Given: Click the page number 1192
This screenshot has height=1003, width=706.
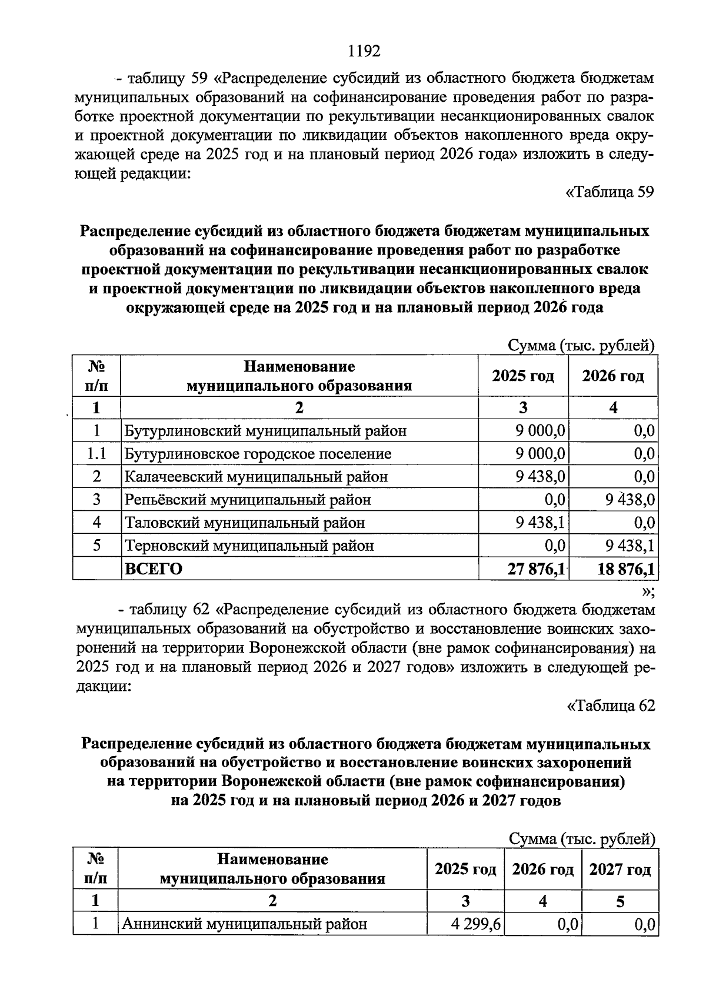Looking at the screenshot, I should click(x=364, y=51).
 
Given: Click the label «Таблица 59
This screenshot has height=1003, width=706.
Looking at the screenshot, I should click(x=609, y=192).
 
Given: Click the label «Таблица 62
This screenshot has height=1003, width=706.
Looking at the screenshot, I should click(x=610, y=706).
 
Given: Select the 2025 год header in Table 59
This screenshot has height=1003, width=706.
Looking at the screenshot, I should click(x=523, y=376).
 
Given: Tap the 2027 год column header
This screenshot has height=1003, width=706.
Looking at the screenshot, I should click(x=620, y=869).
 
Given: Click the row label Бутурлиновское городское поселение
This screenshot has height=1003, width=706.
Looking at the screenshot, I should click(x=257, y=454).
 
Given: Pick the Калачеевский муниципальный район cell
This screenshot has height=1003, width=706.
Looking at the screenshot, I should click(x=256, y=477).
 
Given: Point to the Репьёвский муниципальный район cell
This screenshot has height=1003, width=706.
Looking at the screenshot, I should click(x=248, y=500).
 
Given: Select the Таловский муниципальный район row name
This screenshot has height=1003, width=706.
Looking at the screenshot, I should click(x=244, y=523).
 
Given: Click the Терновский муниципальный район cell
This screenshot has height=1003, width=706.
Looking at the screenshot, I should click(x=249, y=546).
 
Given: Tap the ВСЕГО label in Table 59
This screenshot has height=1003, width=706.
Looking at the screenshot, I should click(x=153, y=569).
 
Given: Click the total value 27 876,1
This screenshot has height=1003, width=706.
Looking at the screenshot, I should click(x=536, y=569).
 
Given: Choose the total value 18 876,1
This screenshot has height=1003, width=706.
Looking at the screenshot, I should click(x=625, y=569).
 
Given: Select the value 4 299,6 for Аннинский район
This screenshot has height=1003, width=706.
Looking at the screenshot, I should click(x=476, y=924).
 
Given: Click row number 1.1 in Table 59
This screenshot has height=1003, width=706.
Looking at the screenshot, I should click(x=96, y=454).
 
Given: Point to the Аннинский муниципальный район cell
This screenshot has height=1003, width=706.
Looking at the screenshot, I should click(x=244, y=924).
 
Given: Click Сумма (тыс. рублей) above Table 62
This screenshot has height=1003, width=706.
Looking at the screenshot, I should click(x=581, y=839).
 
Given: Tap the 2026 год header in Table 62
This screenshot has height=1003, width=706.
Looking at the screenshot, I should click(x=542, y=869).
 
